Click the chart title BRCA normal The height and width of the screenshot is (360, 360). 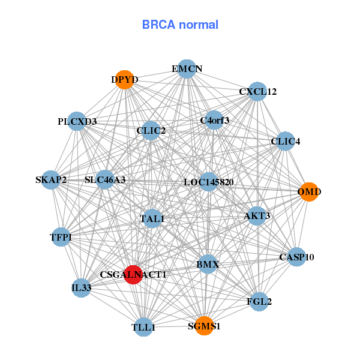pos(180,25)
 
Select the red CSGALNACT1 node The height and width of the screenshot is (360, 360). pos(133,274)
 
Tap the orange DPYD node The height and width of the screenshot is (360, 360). pos(124,80)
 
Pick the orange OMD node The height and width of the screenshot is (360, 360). pos(308,192)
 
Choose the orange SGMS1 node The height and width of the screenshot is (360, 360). pos(204,326)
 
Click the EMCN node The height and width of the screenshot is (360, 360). pos(187,69)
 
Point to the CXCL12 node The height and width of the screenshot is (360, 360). pos(257,92)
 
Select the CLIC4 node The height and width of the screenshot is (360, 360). pos(285,142)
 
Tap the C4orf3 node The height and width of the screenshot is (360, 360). pos(214,121)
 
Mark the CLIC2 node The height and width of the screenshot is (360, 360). pos(151,130)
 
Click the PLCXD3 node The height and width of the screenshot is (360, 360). pos(77,122)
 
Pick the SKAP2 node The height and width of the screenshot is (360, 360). pos(51,180)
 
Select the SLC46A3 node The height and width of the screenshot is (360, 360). pos(105,180)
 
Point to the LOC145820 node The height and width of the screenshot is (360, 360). pos(208,182)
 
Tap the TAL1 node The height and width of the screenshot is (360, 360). pos(152,219)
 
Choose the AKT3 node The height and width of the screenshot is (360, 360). pos(257,216)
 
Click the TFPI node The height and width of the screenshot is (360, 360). pos(61,238)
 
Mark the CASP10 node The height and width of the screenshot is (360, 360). pos(296,257)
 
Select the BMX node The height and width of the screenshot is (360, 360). pos(208,264)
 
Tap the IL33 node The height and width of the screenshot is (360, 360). pos(81,288)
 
